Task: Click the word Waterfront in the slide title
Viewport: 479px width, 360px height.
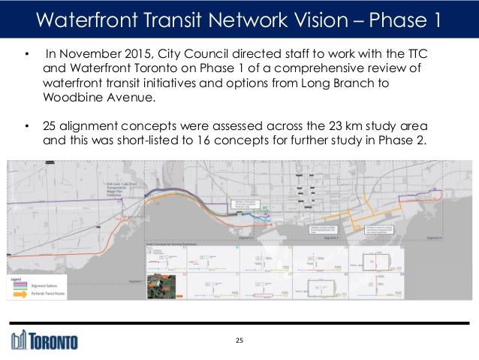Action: [82, 19]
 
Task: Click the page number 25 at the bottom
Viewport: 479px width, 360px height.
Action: [239, 342]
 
